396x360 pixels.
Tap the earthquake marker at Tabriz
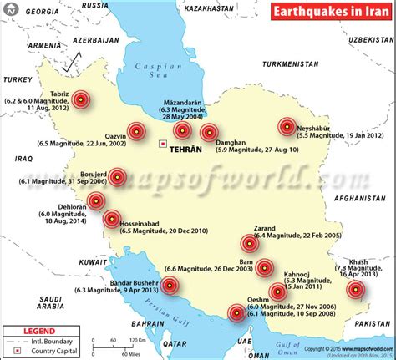80,99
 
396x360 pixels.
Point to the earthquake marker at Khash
357,290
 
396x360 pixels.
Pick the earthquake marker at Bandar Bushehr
170,285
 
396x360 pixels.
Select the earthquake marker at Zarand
249,243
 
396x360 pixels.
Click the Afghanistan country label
358,197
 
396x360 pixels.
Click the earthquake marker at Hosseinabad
111,220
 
